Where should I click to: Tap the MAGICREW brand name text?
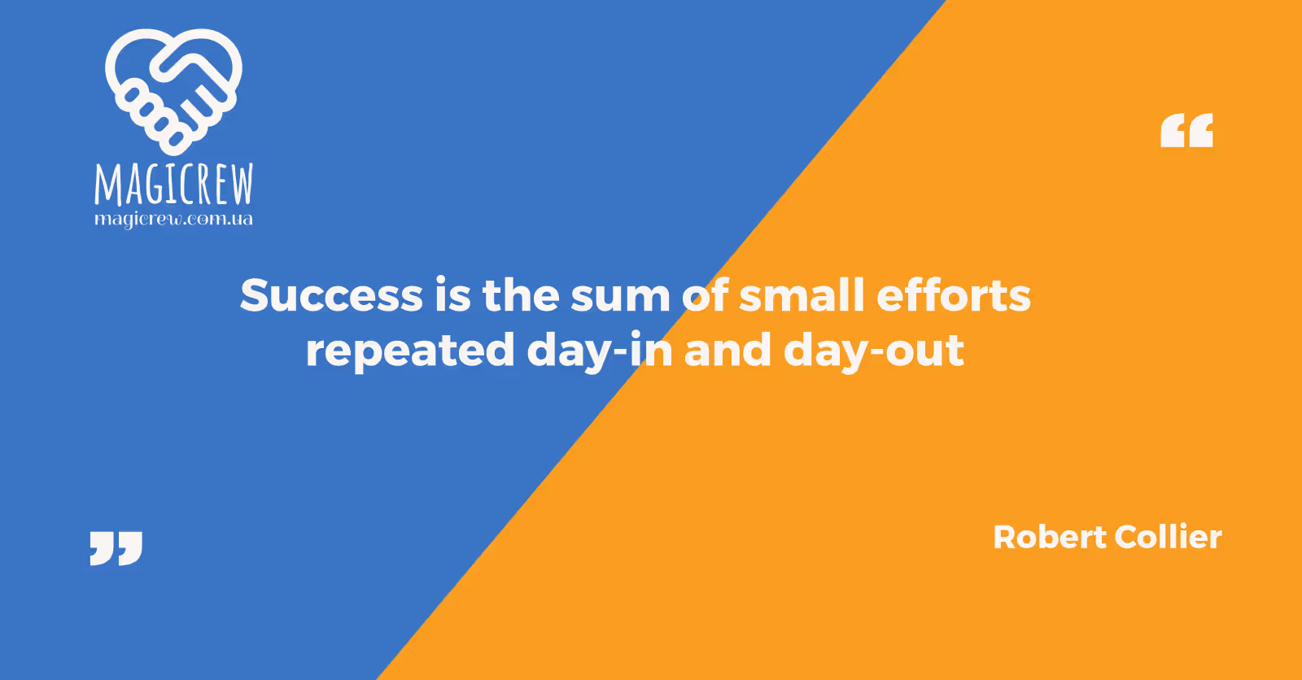pos(174,184)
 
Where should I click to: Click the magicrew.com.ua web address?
pos(173,220)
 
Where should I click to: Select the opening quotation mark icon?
pos(1187,130)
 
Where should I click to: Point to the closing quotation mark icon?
pos(116,548)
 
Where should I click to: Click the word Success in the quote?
pos(331,294)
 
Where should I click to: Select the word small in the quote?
pos(802,294)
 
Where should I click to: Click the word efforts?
pos(954,294)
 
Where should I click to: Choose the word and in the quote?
pos(727,349)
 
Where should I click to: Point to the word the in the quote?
pos(521,294)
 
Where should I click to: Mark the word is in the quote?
pos(452,294)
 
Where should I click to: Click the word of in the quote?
pos(705,294)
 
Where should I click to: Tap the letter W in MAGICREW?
pos(239,184)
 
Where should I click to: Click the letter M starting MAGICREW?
pos(107,185)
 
